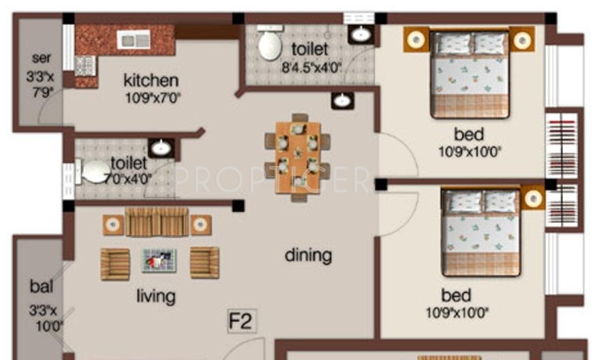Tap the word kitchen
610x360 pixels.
[151, 80]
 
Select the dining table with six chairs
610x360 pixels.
[298, 157]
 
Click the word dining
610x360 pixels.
[308, 256]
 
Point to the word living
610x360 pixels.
[155, 296]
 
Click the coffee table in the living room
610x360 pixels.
[159, 260]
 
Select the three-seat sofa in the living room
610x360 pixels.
[157, 222]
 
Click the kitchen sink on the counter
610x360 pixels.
[133, 40]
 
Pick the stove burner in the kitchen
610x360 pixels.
[85, 66]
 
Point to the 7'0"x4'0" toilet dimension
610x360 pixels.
[128, 179]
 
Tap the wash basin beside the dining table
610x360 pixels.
[342, 102]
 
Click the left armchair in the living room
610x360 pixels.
[115, 263]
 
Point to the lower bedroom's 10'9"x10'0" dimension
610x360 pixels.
[457, 314]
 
